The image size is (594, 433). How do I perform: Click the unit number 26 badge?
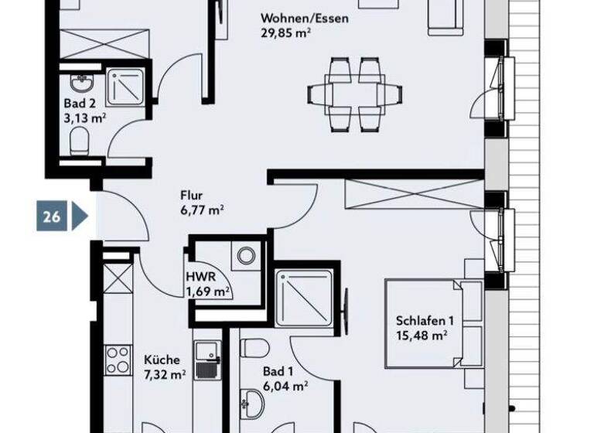pyautogui.click(x=52, y=216)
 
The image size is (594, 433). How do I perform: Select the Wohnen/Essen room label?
pyautogui.click(x=304, y=19)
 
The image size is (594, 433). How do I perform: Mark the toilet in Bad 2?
pyautogui.click(x=79, y=141)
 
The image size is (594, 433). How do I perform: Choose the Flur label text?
pyautogui.click(x=191, y=196)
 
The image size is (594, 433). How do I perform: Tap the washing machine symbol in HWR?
pyautogui.click(x=247, y=255)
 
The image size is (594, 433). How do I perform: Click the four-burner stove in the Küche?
pyautogui.click(x=118, y=360)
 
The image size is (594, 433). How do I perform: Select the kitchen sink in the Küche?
pyautogui.click(x=207, y=362)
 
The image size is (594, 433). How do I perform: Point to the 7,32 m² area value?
pyautogui.click(x=165, y=374)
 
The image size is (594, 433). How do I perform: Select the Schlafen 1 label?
pyautogui.click(x=424, y=321)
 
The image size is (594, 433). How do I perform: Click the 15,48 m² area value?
pyautogui.click(x=422, y=335)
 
